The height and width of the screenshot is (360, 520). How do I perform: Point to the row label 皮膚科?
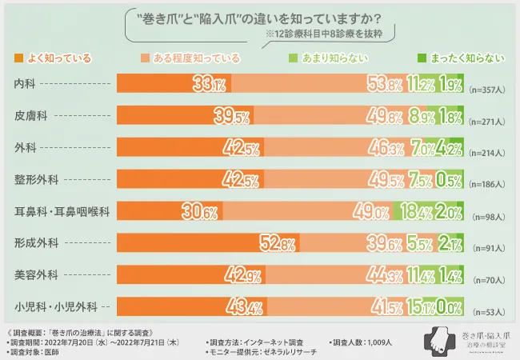[x=30, y=116]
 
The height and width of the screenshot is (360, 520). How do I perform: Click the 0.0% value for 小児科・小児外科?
[x=451, y=307]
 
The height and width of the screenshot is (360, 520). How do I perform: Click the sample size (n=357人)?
[x=487, y=90]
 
